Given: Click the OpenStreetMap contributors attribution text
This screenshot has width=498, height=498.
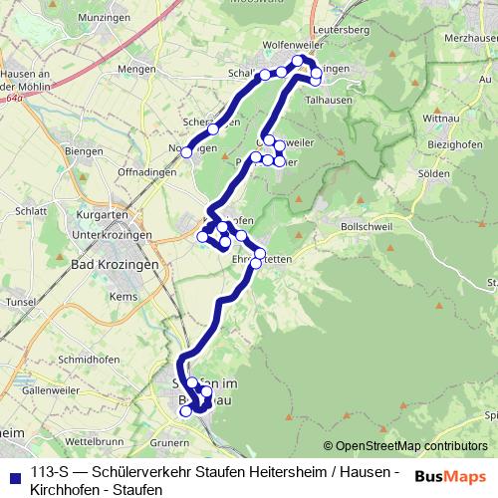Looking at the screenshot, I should [405, 446].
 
